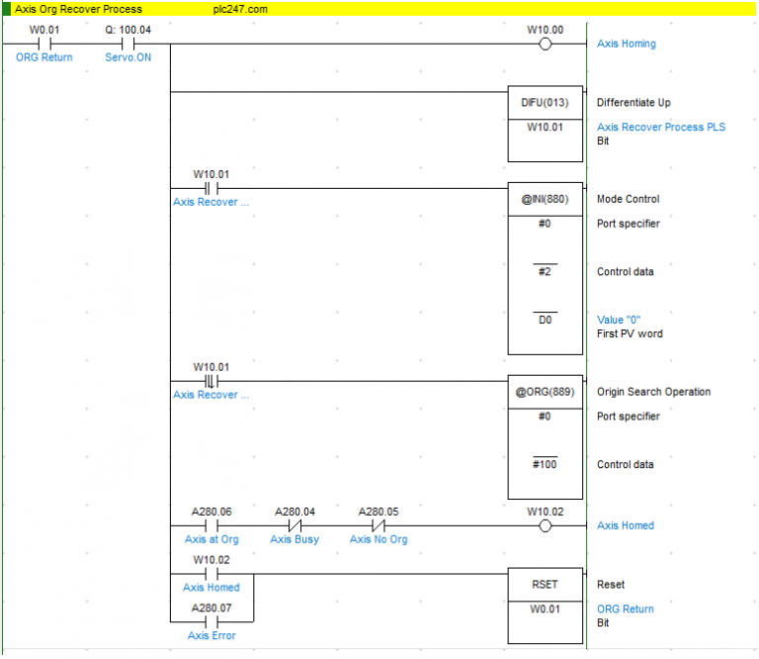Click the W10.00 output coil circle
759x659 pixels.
546,45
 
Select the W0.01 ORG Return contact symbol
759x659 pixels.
44,45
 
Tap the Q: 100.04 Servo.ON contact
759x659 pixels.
127,45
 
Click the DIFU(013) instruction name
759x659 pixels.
546,103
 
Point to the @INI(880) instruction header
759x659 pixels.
546,199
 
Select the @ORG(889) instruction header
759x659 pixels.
546,392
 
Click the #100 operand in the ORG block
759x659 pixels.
546,464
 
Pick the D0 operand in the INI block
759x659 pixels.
546,320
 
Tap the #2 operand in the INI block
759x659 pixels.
546,271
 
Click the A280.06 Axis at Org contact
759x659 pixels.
211,525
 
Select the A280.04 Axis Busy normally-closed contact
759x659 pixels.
295,525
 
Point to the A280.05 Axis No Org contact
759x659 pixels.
379,525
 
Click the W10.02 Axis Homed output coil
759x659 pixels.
546,525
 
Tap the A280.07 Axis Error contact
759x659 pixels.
211,621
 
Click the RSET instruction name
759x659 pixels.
546,585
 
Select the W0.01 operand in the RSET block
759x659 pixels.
546,609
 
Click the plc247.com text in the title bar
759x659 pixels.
240,9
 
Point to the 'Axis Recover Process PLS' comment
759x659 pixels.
661,127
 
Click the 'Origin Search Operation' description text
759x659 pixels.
653,392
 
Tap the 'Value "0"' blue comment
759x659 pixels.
619,320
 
